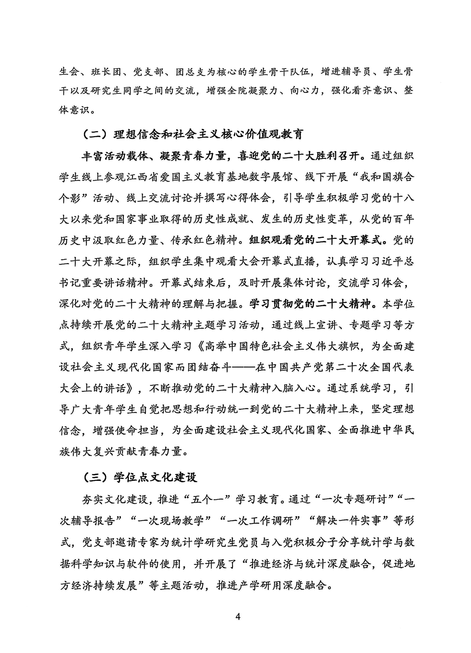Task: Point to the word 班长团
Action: tap(105, 72)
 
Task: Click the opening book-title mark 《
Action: tap(199, 346)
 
